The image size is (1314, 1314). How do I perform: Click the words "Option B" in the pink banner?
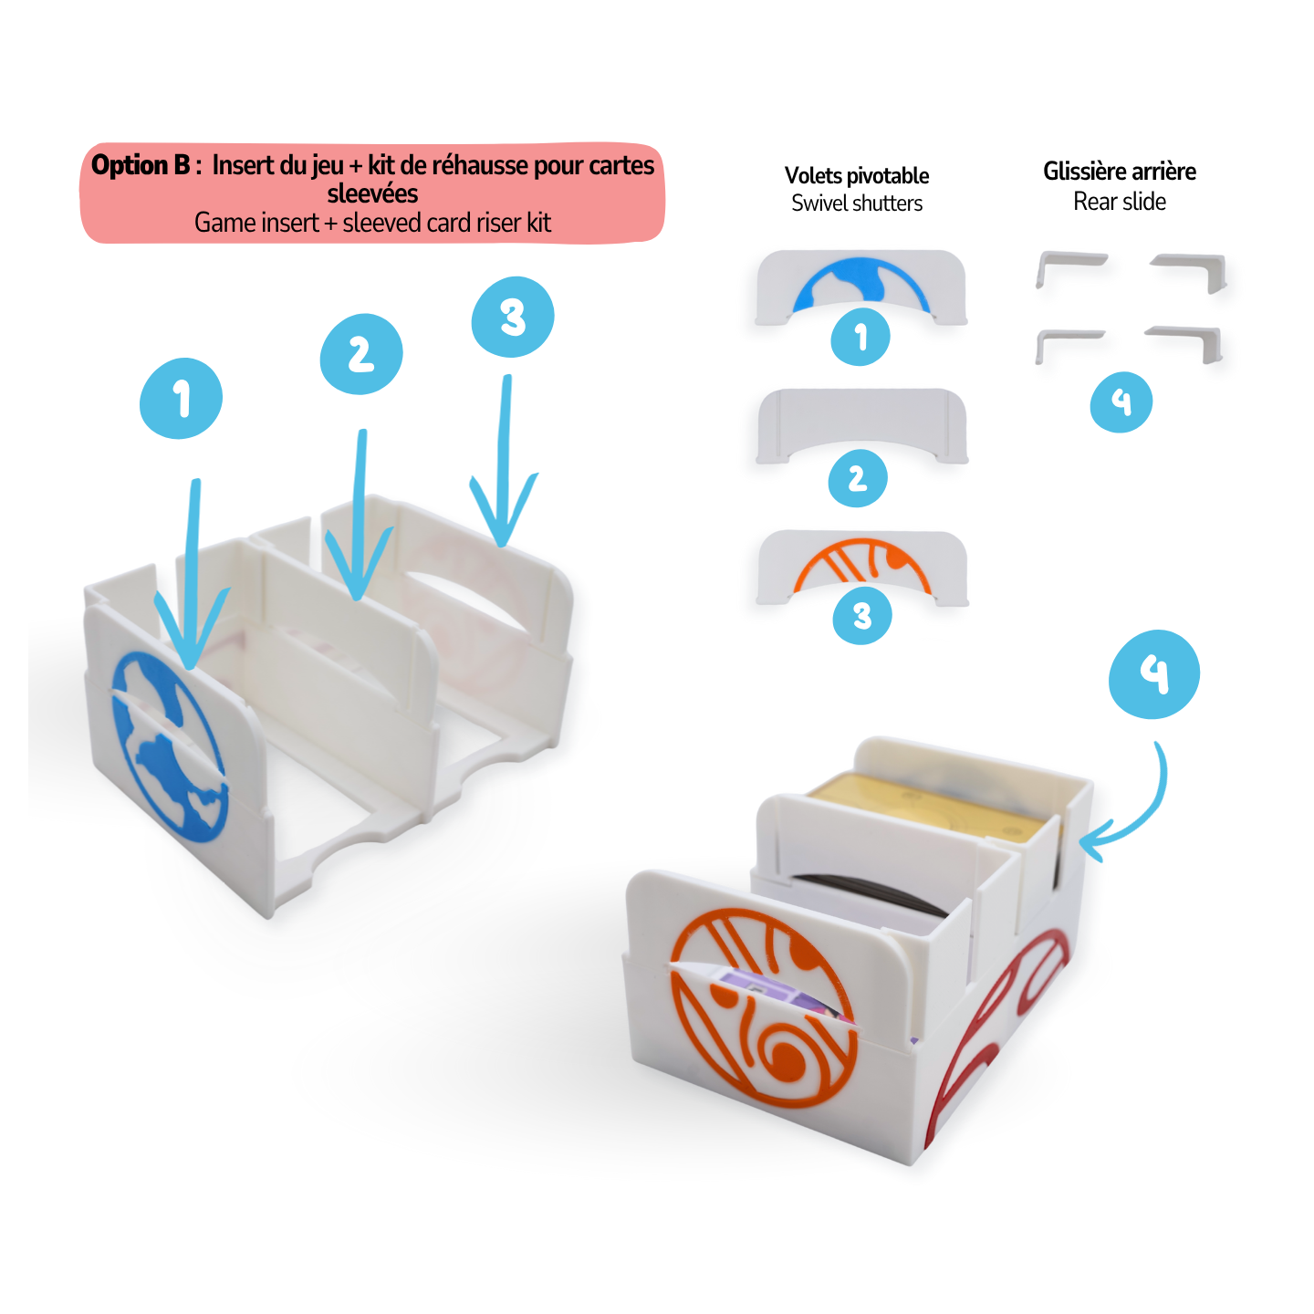140,165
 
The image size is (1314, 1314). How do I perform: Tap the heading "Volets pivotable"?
856,175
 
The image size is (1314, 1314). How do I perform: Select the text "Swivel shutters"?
856,203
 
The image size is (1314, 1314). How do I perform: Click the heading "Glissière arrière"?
1119,171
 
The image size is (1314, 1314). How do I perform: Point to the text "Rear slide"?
1119,201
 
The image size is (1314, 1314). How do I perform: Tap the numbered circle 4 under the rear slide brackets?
1121,401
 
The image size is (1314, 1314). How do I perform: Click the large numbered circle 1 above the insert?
181,399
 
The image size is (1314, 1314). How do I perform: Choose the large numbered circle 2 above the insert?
360,354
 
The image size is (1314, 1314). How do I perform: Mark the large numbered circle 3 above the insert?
512,317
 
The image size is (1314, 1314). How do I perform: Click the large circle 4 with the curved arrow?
1153,673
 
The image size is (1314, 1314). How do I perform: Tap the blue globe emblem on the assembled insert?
169,744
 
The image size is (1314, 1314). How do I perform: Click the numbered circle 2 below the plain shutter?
857,477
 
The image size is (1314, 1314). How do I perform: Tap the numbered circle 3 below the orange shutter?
861,616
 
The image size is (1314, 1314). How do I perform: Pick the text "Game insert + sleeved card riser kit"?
372,223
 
